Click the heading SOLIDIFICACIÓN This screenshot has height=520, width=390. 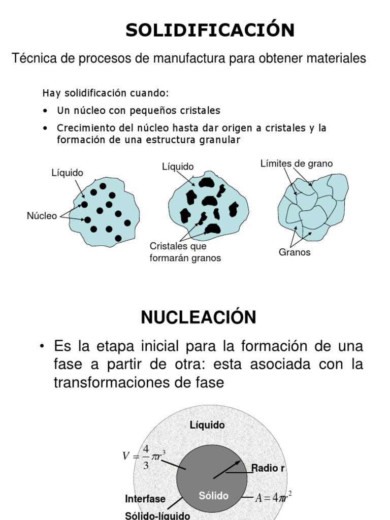pos(210,30)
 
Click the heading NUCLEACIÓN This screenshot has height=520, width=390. pos(199,317)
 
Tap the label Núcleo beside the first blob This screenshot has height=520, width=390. pos(42,216)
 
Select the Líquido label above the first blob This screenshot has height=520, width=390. pos(67,173)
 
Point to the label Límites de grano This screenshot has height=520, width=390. pos(297,164)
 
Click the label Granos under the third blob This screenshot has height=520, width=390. pos(295,252)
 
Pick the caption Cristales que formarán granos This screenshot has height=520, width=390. pos(185,252)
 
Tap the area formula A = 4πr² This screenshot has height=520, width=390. pos(273,497)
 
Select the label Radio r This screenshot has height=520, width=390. pos(268,468)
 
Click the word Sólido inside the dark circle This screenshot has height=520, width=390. pos(213,496)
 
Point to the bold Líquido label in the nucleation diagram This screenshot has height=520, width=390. pos(207,426)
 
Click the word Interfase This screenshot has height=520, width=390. pos(146,499)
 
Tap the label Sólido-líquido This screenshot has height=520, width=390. pos(157,515)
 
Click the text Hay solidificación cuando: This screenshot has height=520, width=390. pos(105,93)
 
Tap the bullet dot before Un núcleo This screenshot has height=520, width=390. pos(46,111)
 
